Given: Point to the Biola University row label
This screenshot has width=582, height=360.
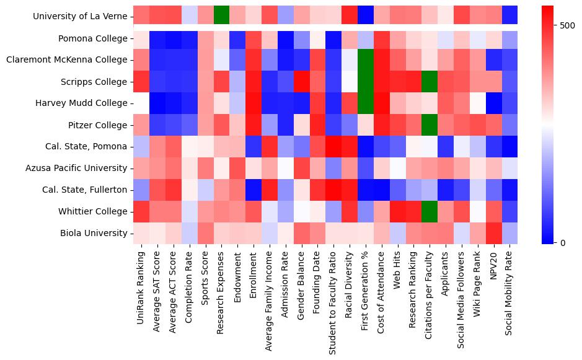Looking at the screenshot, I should pos(95,233).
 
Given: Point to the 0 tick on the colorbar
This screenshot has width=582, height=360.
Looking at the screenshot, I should pos(563,242).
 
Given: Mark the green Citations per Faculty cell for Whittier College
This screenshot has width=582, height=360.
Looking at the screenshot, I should pos(430,211).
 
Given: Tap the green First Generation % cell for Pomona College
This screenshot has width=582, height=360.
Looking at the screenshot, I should pos(366,38).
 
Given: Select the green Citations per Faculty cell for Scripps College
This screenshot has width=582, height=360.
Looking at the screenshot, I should pos(430,81).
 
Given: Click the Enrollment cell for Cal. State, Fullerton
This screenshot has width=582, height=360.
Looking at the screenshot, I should pos(253,190).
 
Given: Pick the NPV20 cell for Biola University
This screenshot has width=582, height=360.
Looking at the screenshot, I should pos(493,233).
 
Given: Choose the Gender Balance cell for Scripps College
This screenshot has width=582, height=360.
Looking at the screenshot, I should pos(301,81).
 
